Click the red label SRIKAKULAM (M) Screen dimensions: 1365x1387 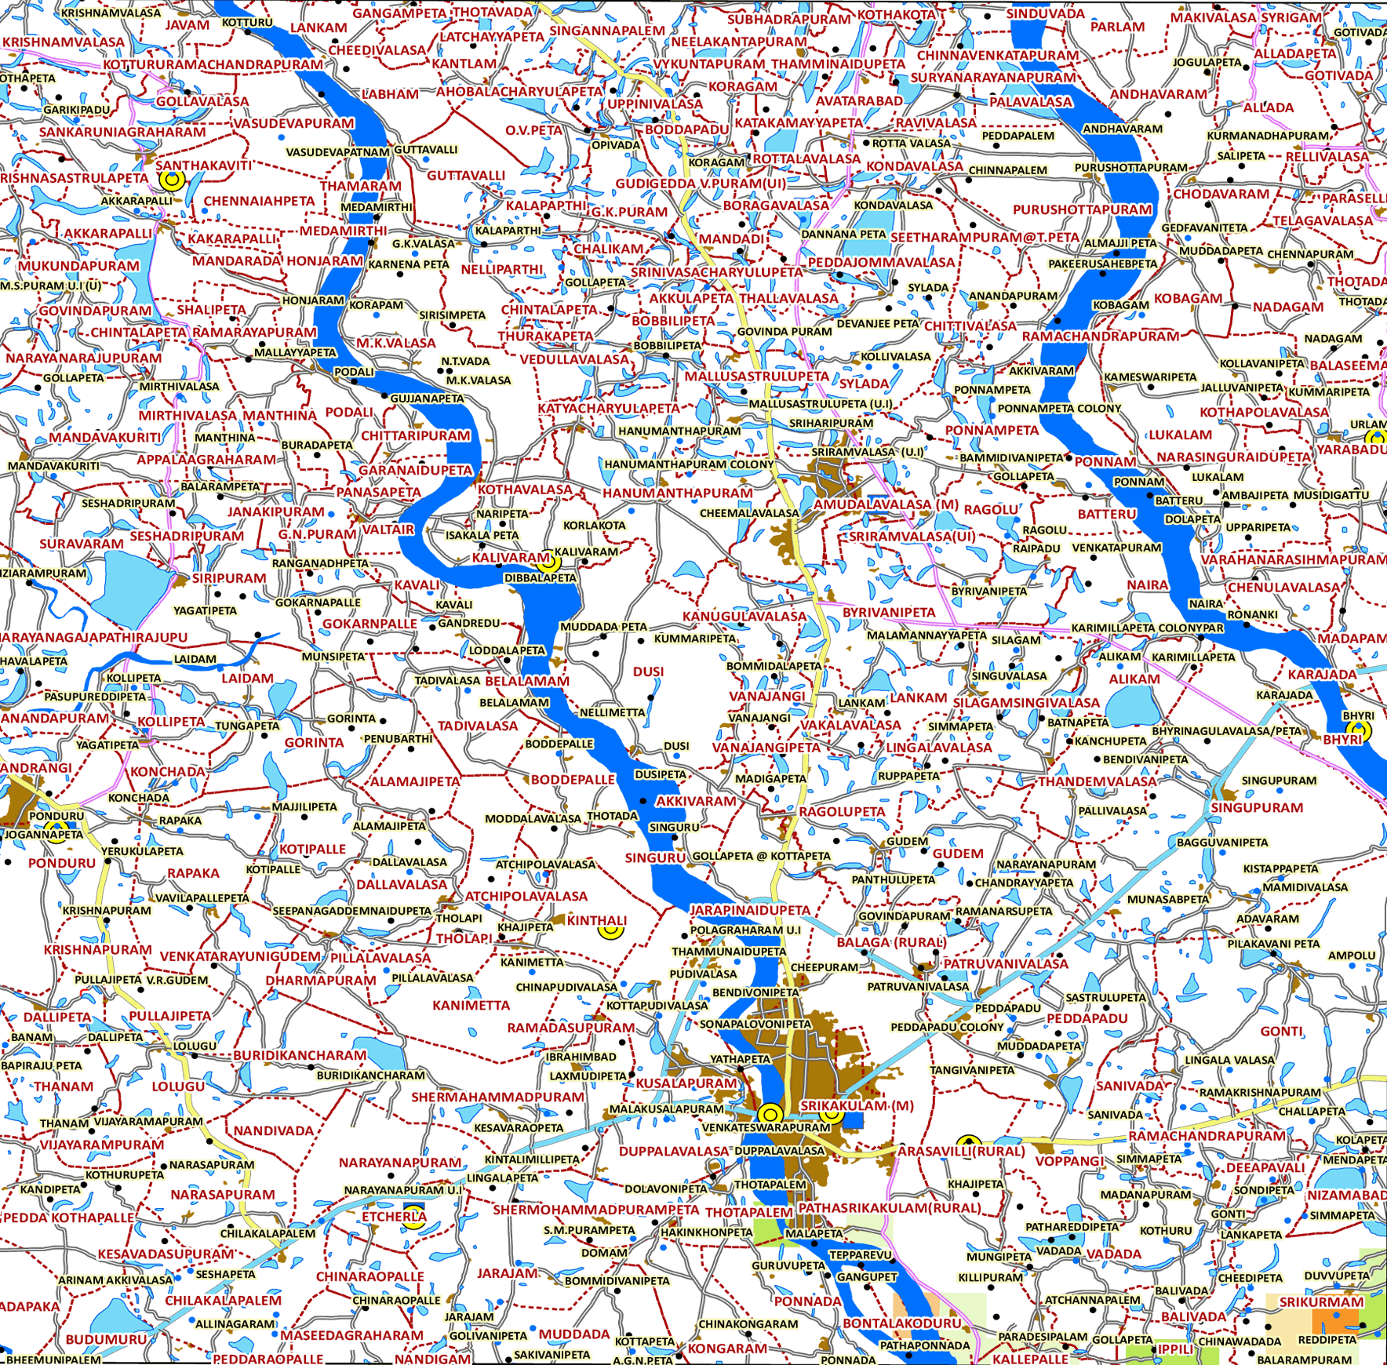coord(857,1105)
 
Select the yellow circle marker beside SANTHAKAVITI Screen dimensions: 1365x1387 coord(172,180)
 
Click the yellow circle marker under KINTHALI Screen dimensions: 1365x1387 coord(610,930)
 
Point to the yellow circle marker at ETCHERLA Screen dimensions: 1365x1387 coord(413,1218)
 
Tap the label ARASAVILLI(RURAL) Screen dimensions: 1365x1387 coord(961,1151)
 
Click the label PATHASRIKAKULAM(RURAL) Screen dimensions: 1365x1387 coord(890,1207)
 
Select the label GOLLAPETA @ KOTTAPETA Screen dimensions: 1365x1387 coord(761,856)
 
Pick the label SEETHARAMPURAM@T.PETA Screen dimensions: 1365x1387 coord(985,237)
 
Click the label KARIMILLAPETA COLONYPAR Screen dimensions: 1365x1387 coord(1147,628)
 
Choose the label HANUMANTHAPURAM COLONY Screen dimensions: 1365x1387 coord(689,464)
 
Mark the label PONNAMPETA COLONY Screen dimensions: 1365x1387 coord(1059,409)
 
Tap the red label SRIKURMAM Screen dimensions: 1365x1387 coord(1322,1302)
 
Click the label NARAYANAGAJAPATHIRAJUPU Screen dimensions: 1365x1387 coord(94,637)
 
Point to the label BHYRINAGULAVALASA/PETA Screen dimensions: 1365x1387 coord(1226,731)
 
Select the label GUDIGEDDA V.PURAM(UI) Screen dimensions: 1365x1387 coord(701,184)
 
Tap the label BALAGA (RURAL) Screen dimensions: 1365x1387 coord(892,942)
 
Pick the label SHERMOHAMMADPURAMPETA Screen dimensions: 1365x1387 coord(595,1210)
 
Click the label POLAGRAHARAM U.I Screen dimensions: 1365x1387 coord(744,930)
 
